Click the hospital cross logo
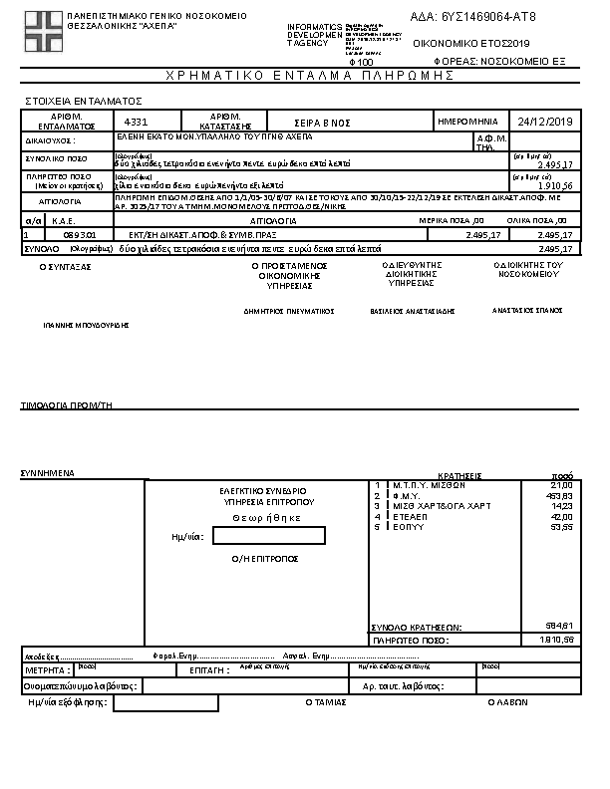point(41,33)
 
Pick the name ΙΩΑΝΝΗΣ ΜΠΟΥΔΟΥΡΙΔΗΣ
point(87,325)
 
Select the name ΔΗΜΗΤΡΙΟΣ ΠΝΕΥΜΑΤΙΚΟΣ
point(288,311)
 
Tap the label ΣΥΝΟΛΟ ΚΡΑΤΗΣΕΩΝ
point(417,627)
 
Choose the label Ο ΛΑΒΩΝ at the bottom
point(505,701)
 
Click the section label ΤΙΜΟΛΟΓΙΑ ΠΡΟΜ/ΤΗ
point(67,405)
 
